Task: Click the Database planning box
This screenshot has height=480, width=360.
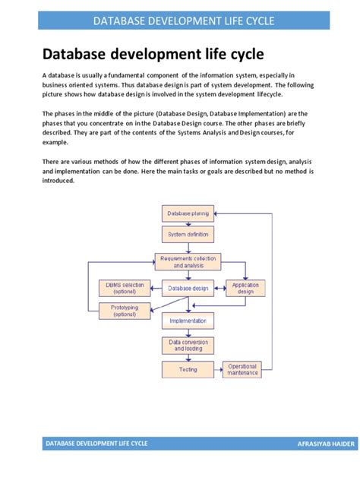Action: pos(188,213)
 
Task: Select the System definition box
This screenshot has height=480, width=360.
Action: pos(188,234)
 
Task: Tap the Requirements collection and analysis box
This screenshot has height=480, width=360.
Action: pos(188,262)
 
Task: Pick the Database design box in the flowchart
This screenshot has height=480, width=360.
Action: pos(188,289)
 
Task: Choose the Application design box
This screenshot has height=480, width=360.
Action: pos(245,289)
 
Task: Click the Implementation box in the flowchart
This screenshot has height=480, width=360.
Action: pos(188,321)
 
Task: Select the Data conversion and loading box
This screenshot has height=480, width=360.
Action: pos(188,345)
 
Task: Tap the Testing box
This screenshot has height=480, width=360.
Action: pos(188,370)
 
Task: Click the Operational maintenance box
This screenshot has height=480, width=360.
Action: pos(242,370)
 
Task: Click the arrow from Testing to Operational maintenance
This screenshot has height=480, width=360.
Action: pos(218,371)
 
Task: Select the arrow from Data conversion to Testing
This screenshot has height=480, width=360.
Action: pos(188,357)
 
